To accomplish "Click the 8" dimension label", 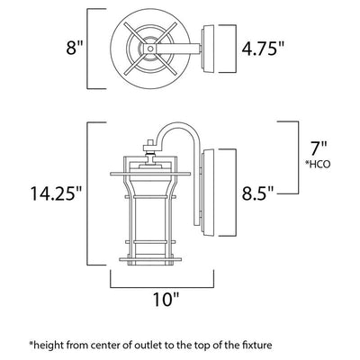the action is tap(74, 48).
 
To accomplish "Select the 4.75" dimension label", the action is tap(263, 48).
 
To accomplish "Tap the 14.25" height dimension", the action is tap(56, 193).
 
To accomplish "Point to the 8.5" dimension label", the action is tap(258, 193).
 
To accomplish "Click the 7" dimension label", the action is tap(318, 149).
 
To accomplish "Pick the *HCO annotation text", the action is tap(318, 165).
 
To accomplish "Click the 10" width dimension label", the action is tap(166, 299).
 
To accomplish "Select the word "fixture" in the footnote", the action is tap(256, 345).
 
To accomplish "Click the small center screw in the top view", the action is tap(150, 49).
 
